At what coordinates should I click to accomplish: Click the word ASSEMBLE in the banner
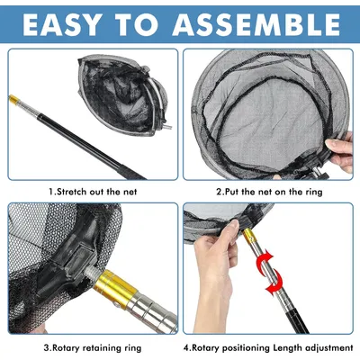256,24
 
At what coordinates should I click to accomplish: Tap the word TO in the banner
135,24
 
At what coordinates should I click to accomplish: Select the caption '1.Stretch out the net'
93,192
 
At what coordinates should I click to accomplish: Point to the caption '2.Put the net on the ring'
269,192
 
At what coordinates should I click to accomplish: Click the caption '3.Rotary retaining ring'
93,348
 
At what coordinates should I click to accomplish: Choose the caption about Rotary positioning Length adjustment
268,348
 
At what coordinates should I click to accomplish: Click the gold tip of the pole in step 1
14,99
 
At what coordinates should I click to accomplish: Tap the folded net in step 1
122,93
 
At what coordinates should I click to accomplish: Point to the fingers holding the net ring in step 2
340,151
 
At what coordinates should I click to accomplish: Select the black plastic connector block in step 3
67,255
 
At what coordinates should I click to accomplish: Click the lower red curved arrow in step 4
275,281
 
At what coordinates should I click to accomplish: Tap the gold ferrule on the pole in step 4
249,236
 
